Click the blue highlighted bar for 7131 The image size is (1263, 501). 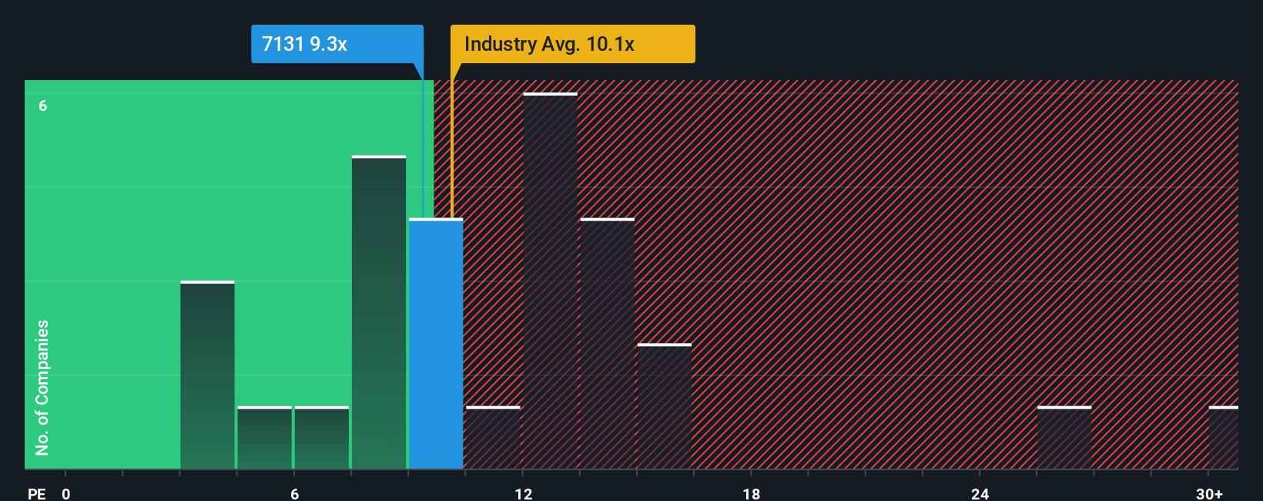click(436, 344)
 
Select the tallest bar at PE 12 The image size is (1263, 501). click(550, 281)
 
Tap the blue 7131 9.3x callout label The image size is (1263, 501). click(337, 44)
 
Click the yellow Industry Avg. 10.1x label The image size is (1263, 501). click(572, 44)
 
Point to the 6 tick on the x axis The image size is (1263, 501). click(294, 493)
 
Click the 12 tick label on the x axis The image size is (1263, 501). click(524, 493)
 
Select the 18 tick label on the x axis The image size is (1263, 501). click(752, 493)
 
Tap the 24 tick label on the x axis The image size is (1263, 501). click(980, 493)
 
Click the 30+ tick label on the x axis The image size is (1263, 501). click(1209, 493)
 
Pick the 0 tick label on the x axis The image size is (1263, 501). click(66, 493)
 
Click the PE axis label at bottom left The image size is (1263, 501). click(37, 493)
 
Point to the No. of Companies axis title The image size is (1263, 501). click(42, 387)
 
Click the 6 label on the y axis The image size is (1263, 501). click(43, 106)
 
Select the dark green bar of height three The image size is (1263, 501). click(207, 375)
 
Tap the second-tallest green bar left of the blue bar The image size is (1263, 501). click(379, 312)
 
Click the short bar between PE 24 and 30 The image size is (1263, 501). click(1064, 438)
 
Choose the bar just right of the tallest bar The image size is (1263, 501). click(608, 344)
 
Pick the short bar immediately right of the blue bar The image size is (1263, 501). click(493, 438)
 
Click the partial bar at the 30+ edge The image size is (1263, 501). click(1223, 438)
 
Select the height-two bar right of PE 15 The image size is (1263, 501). click(665, 406)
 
